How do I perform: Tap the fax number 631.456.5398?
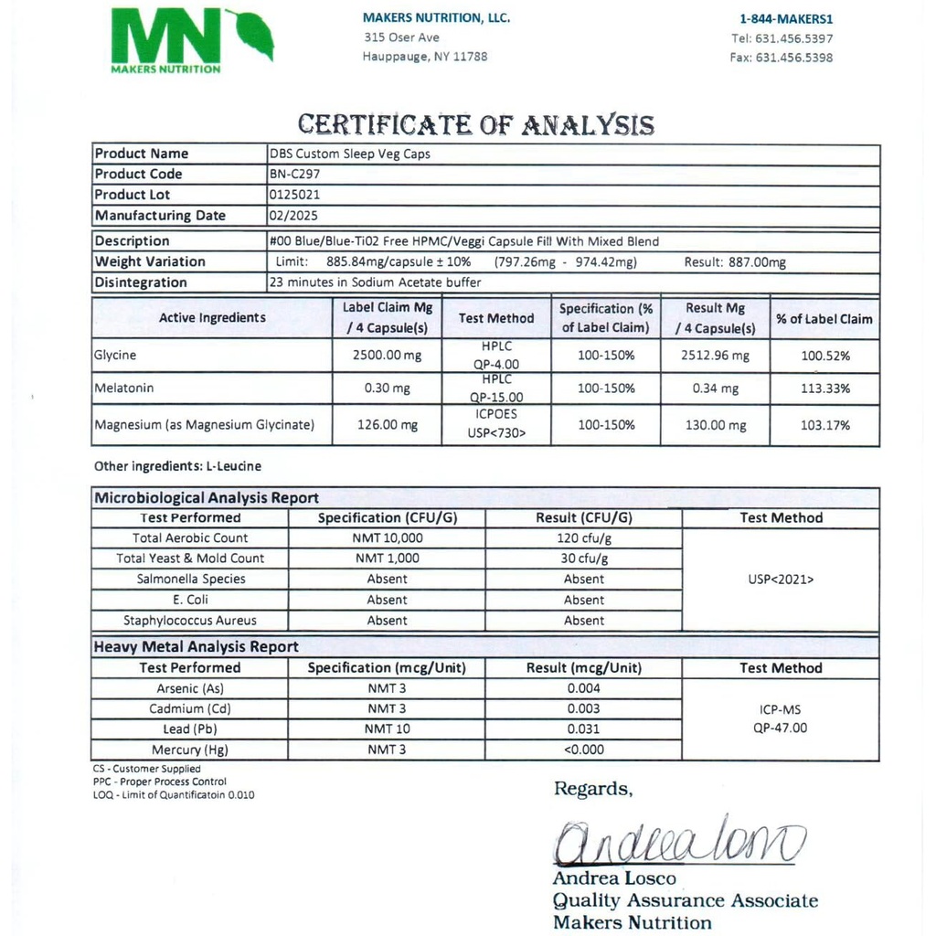pyautogui.click(x=782, y=58)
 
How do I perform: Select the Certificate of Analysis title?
pyautogui.click(x=476, y=124)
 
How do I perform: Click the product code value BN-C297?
pyautogui.click(x=295, y=174)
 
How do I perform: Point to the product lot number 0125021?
pyautogui.click(x=294, y=195)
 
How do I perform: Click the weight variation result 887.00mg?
pyautogui.click(x=735, y=262)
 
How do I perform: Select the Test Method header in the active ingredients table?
pyautogui.click(x=496, y=318)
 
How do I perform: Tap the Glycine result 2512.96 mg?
pyautogui.click(x=715, y=356)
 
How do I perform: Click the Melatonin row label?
pyautogui.click(x=124, y=388)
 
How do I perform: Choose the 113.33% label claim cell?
pyautogui.click(x=824, y=388)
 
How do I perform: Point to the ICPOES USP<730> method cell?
pyautogui.click(x=496, y=423)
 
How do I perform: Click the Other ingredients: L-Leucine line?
pyautogui.click(x=177, y=466)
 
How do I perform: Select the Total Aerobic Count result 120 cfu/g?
pyautogui.click(x=583, y=538)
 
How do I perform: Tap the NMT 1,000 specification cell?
pyautogui.click(x=386, y=558)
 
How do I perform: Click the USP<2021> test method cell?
pyautogui.click(x=781, y=579)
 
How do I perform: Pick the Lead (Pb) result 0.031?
pyautogui.click(x=583, y=729)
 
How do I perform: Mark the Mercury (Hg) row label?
pyautogui.click(x=189, y=750)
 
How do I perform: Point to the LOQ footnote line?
pyautogui.click(x=174, y=795)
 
